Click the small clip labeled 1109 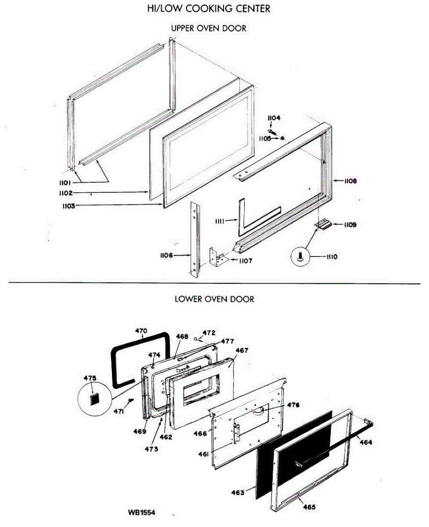click(323, 224)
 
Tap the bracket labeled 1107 click(216, 257)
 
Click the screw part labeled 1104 click(273, 131)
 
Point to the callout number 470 click(141, 331)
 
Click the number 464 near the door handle click(365, 442)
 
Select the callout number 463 click(238, 493)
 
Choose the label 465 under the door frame click(309, 508)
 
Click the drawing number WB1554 click(141, 513)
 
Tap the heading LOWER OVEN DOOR click(214, 300)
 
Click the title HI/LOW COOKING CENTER click(208, 8)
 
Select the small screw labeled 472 click(195, 338)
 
